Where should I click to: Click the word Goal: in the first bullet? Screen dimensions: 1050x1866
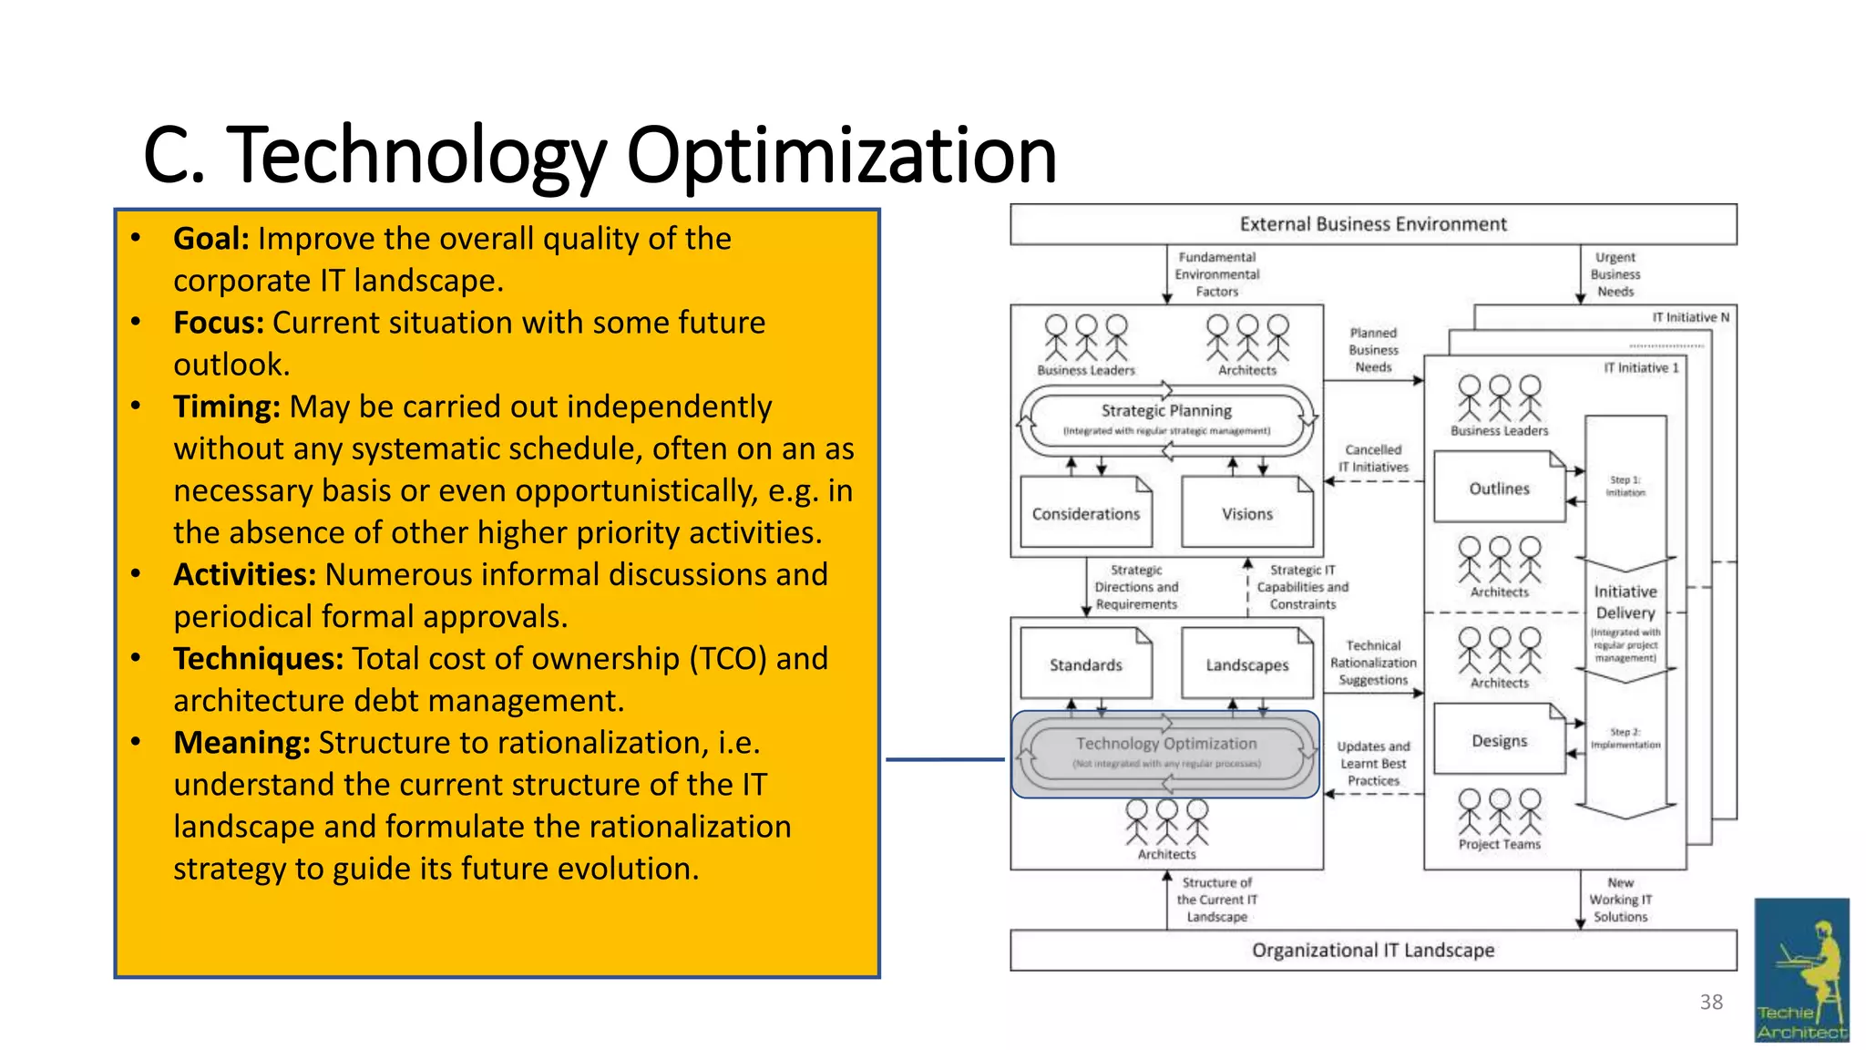210,239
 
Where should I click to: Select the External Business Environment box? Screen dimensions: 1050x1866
1372,224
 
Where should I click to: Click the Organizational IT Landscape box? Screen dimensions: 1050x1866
1372,950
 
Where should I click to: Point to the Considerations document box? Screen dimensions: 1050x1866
1085,514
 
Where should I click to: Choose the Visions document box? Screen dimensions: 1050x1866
1246,514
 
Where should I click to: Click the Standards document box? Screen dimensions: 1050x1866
1085,665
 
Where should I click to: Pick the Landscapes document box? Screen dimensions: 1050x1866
1246,665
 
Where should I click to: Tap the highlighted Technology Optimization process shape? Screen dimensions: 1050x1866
1165,753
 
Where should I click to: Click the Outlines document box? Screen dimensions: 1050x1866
1499,489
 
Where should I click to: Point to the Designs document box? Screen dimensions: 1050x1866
1499,740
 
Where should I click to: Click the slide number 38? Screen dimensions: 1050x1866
1711,1003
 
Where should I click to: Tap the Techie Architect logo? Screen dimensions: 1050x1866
1801,970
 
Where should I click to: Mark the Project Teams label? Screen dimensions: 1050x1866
1499,845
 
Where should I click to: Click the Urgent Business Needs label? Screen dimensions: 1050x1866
1615,274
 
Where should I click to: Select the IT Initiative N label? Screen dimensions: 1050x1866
1690,317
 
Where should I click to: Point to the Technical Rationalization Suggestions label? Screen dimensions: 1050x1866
1373,663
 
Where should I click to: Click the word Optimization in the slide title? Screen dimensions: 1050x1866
841,155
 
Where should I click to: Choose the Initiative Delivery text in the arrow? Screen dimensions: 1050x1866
1625,602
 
